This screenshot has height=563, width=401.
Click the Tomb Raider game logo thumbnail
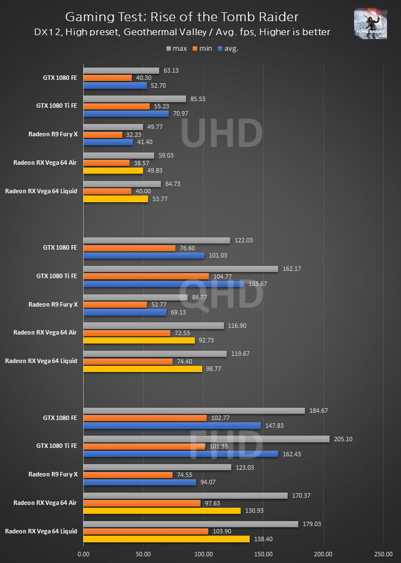(x=370, y=23)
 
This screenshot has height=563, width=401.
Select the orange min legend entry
(x=202, y=49)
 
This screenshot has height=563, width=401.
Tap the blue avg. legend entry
(x=228, y=49)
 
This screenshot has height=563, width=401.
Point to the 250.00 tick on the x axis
(x=383, y=555)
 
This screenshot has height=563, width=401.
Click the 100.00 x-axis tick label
(x=203, y=555)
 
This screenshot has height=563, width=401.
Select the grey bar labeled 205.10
(x=206, y=439)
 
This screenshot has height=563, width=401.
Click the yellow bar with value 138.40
(x=166, y=539)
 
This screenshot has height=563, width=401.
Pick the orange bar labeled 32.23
(x=103, y=135)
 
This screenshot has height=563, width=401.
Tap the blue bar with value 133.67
(x=163, y=284)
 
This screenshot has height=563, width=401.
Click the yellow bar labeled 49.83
(x=113, y=170)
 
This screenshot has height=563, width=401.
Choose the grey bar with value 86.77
(x=135, y=298)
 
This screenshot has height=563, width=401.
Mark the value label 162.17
(x=292, y=269)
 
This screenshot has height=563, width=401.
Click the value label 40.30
(x=144, y=78)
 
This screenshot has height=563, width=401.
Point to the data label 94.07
(x=209, y=482)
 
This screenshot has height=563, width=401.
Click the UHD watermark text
(x=222, y=134)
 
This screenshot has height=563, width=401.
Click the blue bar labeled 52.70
(x=115, y=85)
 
